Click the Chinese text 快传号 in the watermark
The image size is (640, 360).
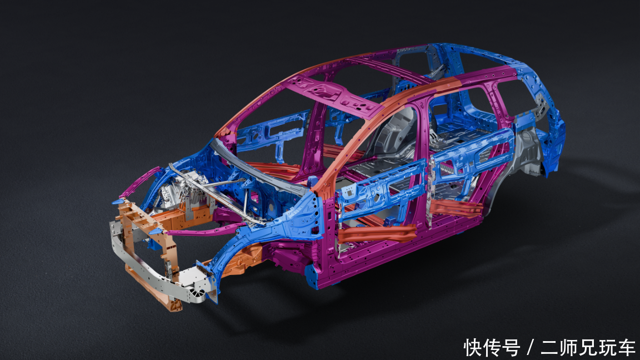tap(492, 348)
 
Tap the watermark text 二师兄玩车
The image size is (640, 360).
tap(588, 348)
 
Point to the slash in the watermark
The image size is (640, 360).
tap(531, 348)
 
